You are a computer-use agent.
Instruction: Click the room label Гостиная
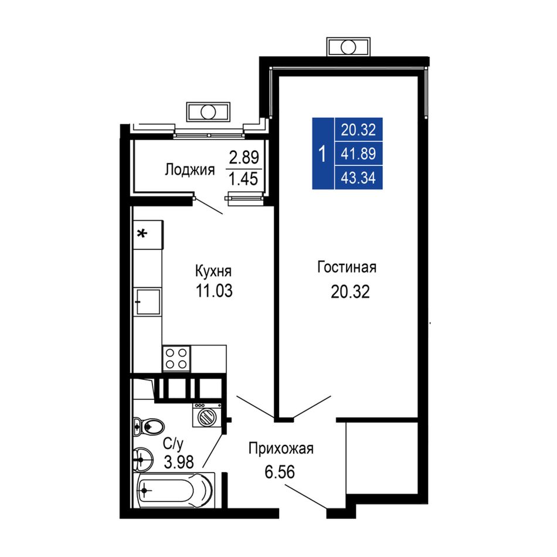[x=347, y=267]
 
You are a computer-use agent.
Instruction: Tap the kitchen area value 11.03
[x=214, y=291]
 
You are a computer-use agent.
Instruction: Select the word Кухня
[x=213, y=271]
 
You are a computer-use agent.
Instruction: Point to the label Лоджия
[x=190, y=170]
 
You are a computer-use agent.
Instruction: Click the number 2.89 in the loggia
[x=244, y=157]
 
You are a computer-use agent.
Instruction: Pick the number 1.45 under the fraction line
[x=244, y=179]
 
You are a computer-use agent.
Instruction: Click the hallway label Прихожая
[x=281, y=449]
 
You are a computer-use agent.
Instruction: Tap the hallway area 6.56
[x=280, y=472]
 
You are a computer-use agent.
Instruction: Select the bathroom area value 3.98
[x=179, y=462]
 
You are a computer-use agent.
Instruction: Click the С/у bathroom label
[x=174, y=443]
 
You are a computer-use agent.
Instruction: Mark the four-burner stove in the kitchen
[x=176, y=359]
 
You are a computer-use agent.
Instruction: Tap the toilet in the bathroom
[x=148, y=426]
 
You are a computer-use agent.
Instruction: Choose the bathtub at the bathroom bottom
[x=174, y=491]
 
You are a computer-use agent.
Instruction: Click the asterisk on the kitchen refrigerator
[x=142, y=234]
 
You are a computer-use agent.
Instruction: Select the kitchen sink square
[x=148, y=301]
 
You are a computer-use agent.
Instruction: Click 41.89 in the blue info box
[x=358, y=154]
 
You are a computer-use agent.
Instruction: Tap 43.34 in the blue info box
[x=358, y=178]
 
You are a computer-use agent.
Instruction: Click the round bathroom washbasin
[x=143, y=459]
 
